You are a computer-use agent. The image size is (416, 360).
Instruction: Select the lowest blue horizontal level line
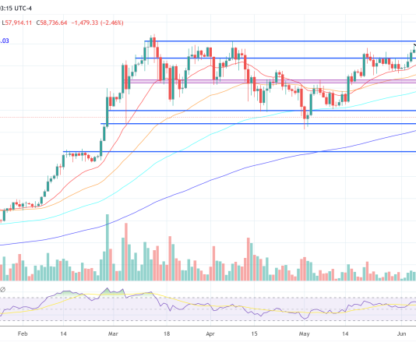coord(234,151)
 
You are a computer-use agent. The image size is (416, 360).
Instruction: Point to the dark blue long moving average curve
coord(234,176)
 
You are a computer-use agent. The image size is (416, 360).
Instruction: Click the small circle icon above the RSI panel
coord(2,291)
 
